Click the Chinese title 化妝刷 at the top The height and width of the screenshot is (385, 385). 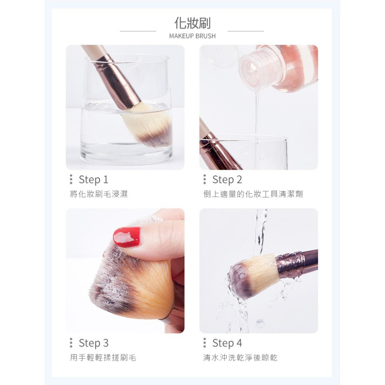click(x=192, y=23)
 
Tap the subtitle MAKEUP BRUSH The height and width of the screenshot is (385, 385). click(x=192, y=36)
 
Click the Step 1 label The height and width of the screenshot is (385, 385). click(x=94, y=180)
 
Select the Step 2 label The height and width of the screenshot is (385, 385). click(x=227, y=180)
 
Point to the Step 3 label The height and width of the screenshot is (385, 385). click(x=94, y=343)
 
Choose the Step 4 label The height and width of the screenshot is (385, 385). click(x=227, y=343)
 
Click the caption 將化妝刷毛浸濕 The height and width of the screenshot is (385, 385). click(x=99, y=194)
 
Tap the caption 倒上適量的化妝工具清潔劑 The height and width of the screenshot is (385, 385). click(x=253, y=194)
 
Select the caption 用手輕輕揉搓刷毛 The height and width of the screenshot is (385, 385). click(x=103, y=358)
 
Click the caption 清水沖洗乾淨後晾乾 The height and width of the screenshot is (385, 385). click(x=240, y=358)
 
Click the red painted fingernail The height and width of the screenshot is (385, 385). click(x=127, y=237)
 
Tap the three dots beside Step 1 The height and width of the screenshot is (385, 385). click(x=71, y=179)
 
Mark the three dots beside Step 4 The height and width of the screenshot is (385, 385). click(x=205, y=343)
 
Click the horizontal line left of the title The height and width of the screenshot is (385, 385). click(x=138, y=31)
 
